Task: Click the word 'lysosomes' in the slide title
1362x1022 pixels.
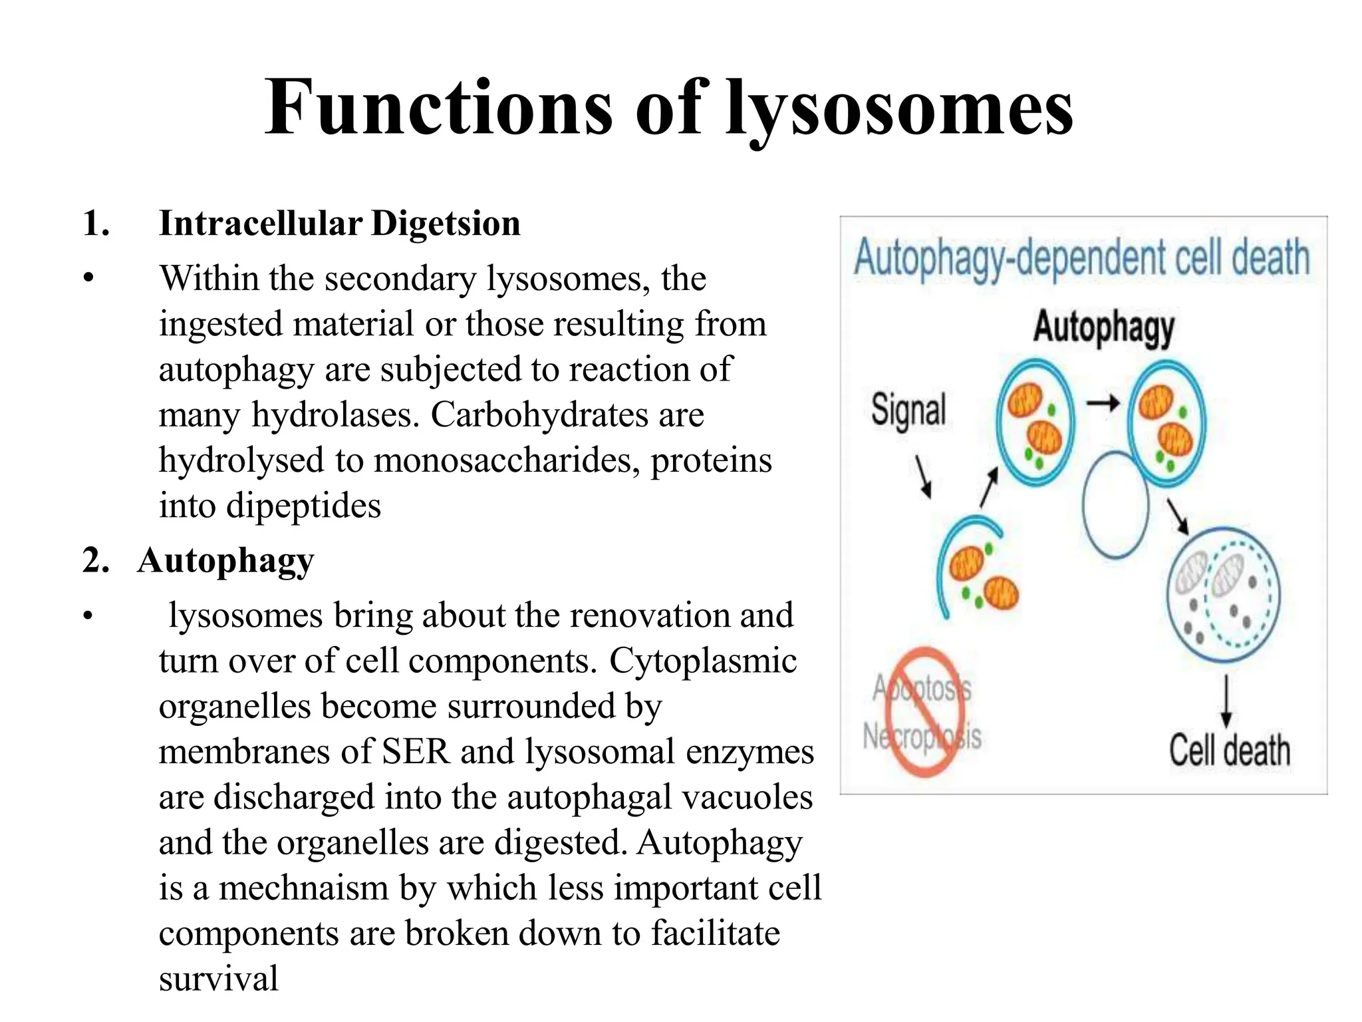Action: click(899, 108)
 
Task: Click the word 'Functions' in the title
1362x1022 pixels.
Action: click(439, 108)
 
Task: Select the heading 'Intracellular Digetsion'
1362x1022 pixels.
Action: click(339, 224)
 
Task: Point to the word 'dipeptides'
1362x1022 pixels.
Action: click(303, 506)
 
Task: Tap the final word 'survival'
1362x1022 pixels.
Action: click(218, 979)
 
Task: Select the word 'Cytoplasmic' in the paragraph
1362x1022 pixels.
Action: click(703, 661)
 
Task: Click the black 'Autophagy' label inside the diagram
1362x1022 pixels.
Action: click(1103, 327)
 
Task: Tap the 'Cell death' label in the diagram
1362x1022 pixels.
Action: click(1230, 751)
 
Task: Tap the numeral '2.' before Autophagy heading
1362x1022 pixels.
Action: click(96, 560)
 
